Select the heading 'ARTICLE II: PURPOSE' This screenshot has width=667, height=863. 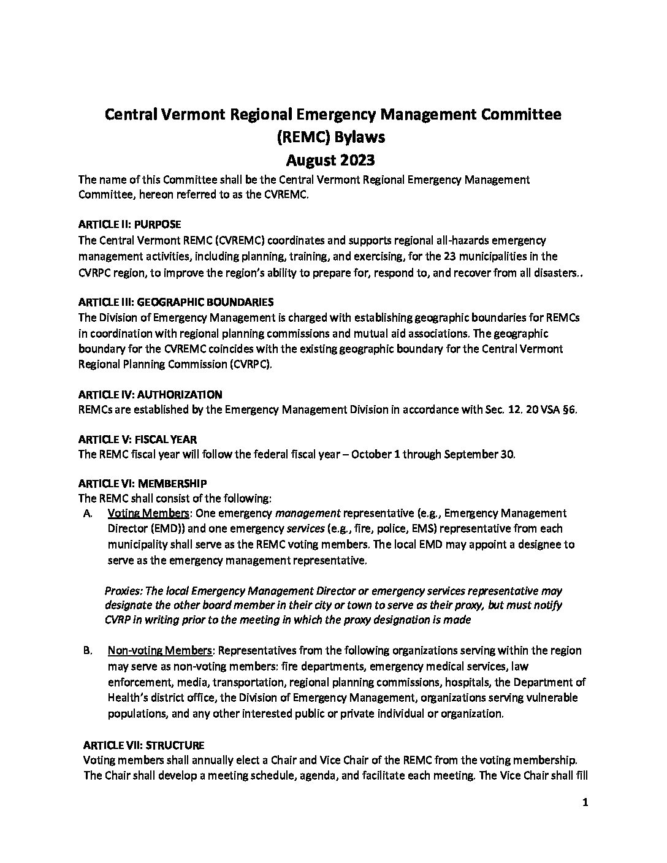point(129,225)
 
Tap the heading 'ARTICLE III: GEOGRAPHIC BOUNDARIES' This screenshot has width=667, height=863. point(176,302)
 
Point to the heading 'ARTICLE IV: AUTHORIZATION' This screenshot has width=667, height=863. point(150,395)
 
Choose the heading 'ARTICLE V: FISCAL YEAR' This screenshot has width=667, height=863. point(138,439)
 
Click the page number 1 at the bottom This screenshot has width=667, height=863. point(585,804)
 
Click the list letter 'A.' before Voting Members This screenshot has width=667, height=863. point(87,513)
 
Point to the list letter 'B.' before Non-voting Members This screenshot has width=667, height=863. point(87,650)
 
